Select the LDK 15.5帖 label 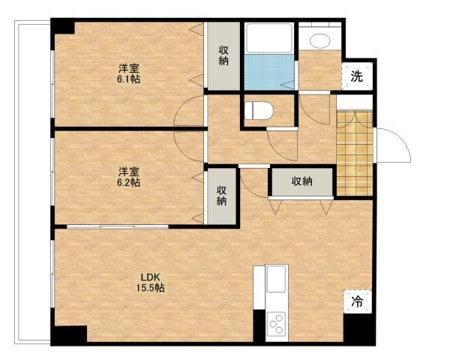pyautogui.click(x=150, y=283)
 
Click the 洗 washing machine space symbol pyautogui.click(x=357, y=76)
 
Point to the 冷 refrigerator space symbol pyautogui.click(x=357, y=301)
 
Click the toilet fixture pyautogui.click(x=259, y=110)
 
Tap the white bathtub pyautogui.click(x=269, y=38)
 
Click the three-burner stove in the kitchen pyautogui.click(x=276, y=324)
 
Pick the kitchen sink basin pyautogui.click(x=276, y=279)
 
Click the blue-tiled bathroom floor pyautogui.click(x=269, y=72)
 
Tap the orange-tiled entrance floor pyautogui.click(x=355, y=153)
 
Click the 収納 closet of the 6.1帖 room pyautogui.click(x=223, y=56)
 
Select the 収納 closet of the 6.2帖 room pyautogui.click(x=221, y=196)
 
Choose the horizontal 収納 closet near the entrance pyautogui.click(x=302, y=181)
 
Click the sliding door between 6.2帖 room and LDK pyautogui.click(x=118, y=226)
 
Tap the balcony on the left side pyautogui.click(x=32, y=182)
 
